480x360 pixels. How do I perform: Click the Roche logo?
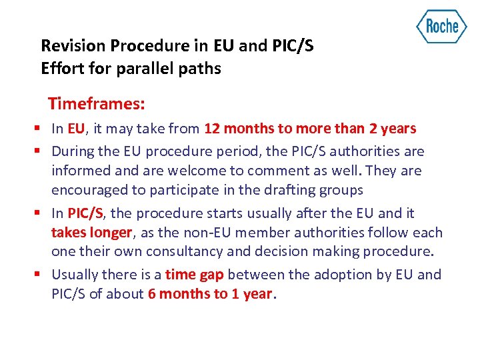point(441,27)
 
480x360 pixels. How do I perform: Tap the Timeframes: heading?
point(97,104)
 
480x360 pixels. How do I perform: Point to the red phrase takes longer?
point(92,232)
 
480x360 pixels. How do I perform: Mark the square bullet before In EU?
point(42,129)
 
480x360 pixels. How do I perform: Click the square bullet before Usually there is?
point(42,275)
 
